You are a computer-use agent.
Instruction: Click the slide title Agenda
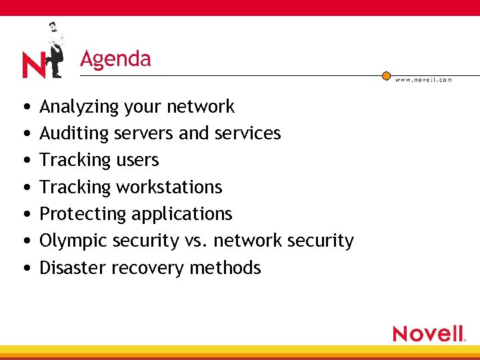pos(115,59)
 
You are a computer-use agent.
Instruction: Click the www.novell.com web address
pos(423,80)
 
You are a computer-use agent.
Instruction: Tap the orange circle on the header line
pos(386,76)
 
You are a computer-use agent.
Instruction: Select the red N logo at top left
pos(33,65)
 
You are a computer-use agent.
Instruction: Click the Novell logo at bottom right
pos(429,333)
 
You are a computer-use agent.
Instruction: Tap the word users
pos(137,160)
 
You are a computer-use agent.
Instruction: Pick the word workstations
pos(169,187)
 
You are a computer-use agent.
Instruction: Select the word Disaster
pos(73,268)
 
